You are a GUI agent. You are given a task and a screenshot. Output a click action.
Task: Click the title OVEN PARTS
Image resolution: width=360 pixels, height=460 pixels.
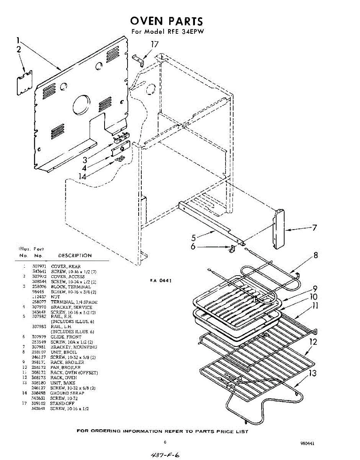point(166,21)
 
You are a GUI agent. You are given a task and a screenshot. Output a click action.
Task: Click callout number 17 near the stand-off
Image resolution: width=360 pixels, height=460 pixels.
point(154,44)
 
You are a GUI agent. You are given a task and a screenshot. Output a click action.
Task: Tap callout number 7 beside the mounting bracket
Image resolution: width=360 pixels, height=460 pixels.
point(314,228)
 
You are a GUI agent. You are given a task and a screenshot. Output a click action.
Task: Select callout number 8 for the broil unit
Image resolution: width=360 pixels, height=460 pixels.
point(316,255)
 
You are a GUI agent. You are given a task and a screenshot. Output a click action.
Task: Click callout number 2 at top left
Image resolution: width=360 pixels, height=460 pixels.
point(18,49)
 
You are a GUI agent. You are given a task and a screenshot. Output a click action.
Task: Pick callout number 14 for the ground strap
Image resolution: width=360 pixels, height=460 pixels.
point(85,176)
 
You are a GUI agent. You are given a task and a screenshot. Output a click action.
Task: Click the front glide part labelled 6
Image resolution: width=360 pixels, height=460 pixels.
point(231,249)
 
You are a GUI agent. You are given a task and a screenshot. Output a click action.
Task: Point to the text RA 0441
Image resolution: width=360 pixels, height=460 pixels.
point(160,281)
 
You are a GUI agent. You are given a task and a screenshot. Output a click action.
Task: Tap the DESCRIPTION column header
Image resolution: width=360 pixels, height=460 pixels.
point(75,256)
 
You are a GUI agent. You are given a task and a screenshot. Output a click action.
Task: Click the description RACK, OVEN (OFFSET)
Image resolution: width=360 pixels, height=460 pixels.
point(74,373)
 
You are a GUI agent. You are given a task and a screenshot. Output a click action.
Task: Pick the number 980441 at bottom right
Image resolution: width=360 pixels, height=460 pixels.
point(307,443)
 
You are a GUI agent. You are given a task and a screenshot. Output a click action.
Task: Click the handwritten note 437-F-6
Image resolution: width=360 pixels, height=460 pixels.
point(165,455)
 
